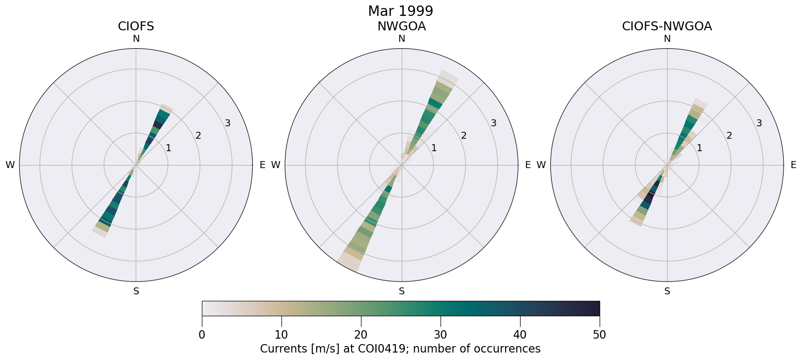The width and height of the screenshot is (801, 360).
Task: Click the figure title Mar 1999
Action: (400, 11)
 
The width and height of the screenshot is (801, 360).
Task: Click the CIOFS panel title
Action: (136, 26)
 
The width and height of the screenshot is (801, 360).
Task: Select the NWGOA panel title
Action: (401, 26)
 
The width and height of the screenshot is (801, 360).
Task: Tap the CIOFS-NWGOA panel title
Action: (667, 26)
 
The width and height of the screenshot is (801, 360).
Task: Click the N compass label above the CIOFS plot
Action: (136, 39)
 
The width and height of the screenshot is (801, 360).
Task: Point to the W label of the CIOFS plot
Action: (10, 165)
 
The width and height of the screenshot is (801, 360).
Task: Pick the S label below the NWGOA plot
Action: (402, 291)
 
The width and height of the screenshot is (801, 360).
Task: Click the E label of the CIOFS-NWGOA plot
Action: (794, 165)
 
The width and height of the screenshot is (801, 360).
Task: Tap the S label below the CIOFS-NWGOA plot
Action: (667, 291)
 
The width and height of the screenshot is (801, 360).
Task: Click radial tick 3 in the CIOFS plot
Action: (228, 123)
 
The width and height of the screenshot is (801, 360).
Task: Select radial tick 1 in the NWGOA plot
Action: (434, 148)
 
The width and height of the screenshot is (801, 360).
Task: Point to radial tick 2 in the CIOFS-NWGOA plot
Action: (729, 135)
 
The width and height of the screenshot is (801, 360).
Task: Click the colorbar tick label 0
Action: (202, 335)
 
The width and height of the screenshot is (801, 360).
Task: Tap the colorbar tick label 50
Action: (600, 335)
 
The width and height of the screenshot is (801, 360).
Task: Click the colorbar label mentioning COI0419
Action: (400, 349)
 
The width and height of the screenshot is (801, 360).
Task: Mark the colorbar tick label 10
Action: (281, 335)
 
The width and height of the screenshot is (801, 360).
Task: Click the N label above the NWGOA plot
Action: (402, 39)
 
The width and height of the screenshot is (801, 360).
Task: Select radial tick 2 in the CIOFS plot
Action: (198, 135)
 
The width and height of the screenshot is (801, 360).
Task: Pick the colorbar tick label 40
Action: (520, 335)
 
